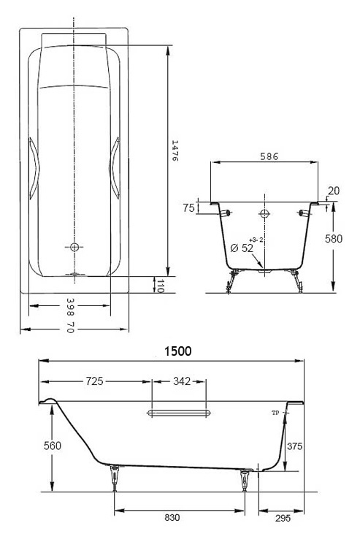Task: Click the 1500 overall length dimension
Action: (x=177, y=351)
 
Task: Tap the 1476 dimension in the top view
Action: (x=175, y=150)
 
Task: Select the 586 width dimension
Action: (x=269, y=156)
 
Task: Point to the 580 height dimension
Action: (x=334, y=239)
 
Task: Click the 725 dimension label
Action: (x=95, y=381)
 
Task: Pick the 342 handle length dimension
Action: (x=182, y=381)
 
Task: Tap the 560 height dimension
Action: (x=53, y=446)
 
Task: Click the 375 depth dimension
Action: (x=294, y=446)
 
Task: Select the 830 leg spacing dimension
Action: (x=172, y=517)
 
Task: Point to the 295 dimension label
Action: (x=283, y=518)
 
